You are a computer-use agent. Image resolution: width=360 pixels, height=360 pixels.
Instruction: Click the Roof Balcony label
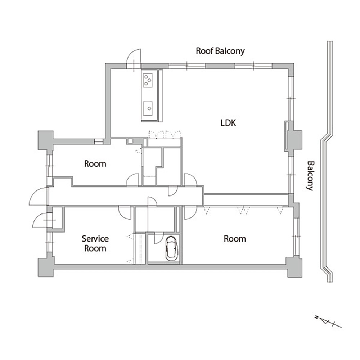[x=220, y=51]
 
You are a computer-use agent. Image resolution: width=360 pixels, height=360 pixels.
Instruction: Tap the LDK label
[x=228, y=123]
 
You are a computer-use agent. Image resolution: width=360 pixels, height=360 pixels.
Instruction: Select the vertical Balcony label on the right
[x=310, y=176]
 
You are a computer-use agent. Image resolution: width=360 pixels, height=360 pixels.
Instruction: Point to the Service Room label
[x=95, y=243]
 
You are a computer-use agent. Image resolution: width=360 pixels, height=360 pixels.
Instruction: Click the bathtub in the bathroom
[x=171, y=248]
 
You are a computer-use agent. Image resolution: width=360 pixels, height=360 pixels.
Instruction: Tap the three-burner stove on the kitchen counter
[x=148, y=80]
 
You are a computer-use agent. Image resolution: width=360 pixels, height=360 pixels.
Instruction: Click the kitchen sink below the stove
[x=148, y=108]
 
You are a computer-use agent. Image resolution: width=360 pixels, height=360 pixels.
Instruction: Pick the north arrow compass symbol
[x=328, y=321]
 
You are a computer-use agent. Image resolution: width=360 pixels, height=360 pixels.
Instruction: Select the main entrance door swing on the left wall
[x=39, y=196]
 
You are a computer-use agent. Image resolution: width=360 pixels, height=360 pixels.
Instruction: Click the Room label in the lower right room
[x=235, y=239]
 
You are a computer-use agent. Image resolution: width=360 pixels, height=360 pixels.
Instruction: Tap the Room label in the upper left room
[x=95, y=164]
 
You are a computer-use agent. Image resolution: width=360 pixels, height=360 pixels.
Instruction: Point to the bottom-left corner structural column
[x=46, y=267]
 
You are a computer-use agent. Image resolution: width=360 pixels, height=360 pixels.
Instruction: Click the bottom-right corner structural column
[x=294, y=267]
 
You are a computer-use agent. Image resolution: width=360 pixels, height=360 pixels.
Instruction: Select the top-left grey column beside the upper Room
[x=45, y=141]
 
